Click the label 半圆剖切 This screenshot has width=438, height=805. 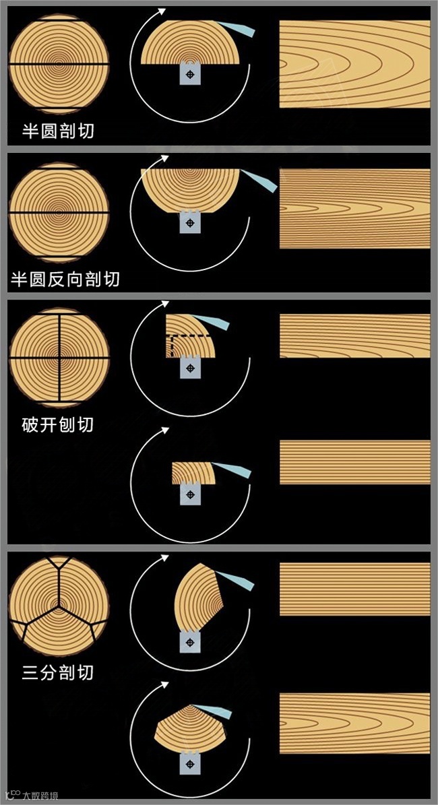pos(58,131)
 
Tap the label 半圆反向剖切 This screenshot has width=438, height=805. pos(65,279)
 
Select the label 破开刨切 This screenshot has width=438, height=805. pos(58,424)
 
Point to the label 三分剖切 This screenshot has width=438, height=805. pos(58,672)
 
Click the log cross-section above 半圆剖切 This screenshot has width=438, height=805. pos(59,64)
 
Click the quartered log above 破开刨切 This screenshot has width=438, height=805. pos(59,357)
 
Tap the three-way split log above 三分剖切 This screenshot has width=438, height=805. pos(59,606)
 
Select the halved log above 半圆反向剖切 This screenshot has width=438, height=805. pos(59,213)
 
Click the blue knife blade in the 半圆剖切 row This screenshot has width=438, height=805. pos(237,29)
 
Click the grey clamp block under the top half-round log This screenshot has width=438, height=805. pos(190,74)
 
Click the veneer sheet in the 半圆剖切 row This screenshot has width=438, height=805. pos(355,64)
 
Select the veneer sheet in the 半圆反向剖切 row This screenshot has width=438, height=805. pos(355,208)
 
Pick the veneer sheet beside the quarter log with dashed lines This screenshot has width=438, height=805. pos(355,335)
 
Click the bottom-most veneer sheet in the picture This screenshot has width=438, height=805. pos(355,723)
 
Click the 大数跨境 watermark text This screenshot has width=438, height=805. pos(40,796)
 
